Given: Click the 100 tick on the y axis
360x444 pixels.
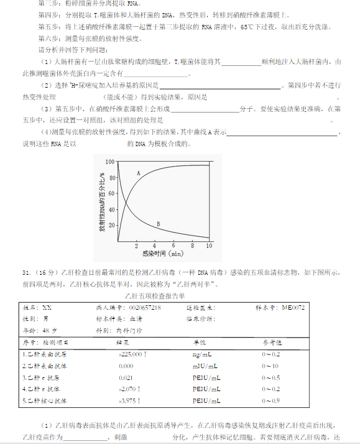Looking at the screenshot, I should tap(110, 162).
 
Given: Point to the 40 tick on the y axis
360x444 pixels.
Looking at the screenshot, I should tap(111, 209).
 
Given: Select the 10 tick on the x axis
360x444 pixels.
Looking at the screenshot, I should tap(209, 246).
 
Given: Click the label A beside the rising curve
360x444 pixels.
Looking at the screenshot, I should tap(138, 172).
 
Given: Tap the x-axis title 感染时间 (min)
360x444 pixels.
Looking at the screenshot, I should tap(162, 254).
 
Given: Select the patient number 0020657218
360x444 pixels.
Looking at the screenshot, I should tap(145, 308).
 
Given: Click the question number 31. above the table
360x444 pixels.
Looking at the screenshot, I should tap(27, 272).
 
